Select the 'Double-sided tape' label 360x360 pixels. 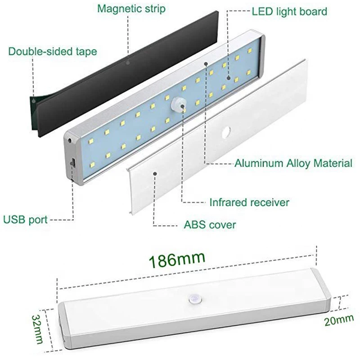53,51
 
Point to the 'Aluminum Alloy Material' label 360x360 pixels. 293,163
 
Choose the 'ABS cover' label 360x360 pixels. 209,224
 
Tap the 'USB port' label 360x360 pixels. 26,220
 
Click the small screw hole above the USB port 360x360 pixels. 70,140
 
